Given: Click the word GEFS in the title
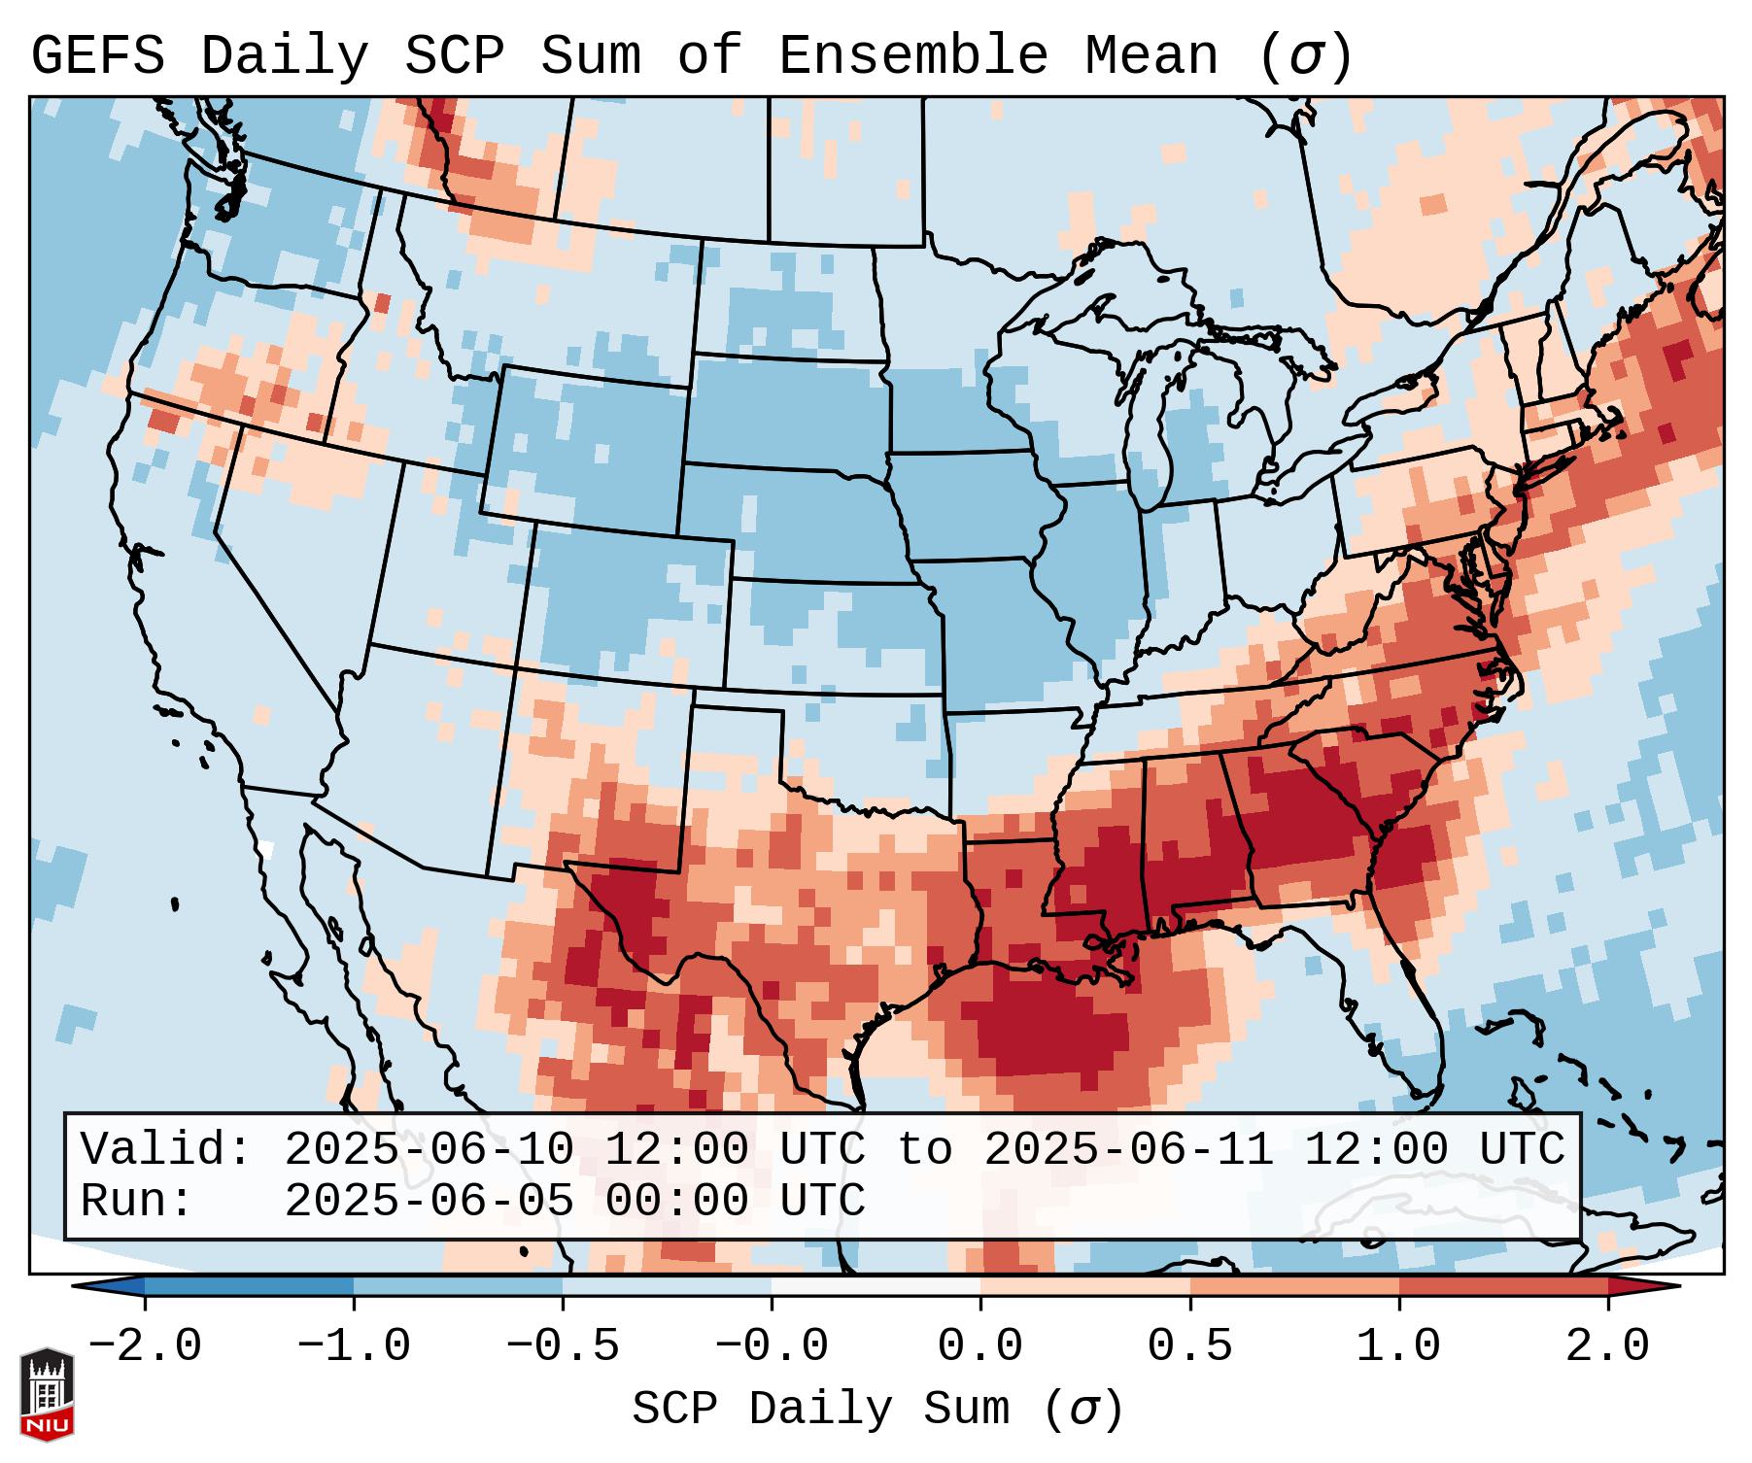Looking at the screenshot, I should click(97, 56).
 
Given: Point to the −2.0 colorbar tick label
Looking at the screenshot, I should click(145, 1346).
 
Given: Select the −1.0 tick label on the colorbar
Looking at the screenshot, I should click(354, 1346).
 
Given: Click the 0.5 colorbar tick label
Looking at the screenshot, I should click(1189, 1346).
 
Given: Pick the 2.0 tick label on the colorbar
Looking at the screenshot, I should click(1607, 1346).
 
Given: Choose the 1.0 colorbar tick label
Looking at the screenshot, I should click(1398, 1346).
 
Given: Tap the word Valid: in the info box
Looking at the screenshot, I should click(166, 1150).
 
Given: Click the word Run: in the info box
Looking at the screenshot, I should click(137, 1202).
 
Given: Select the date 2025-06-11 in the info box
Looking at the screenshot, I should click(1128, 1150).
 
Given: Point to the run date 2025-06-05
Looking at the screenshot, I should click(429, 1202).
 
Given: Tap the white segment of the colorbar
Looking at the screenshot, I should click(876, 1286).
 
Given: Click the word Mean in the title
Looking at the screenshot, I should click(1151, 56).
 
